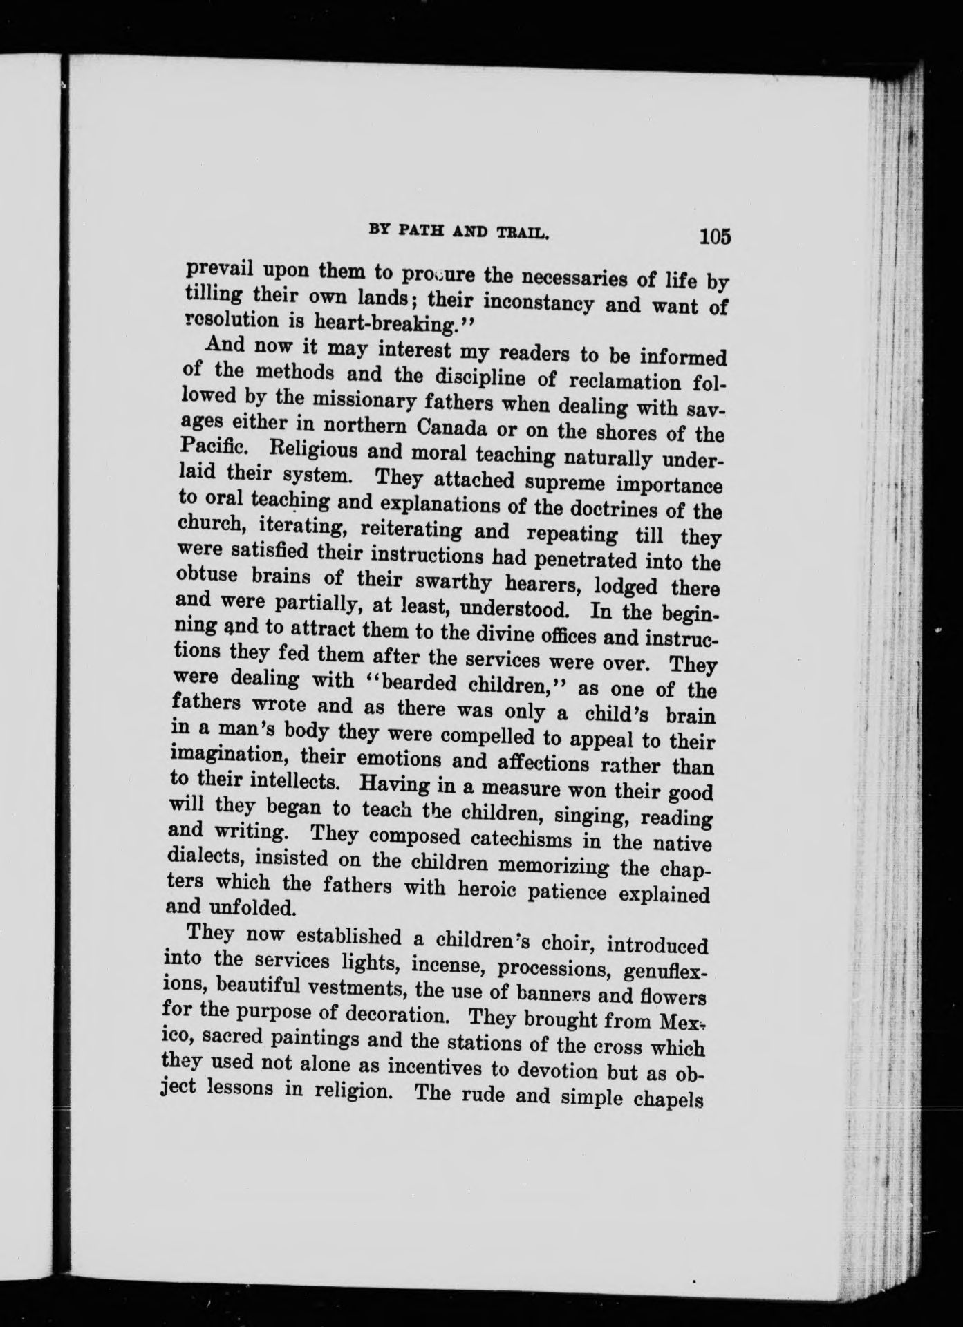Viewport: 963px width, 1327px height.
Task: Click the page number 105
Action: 714,236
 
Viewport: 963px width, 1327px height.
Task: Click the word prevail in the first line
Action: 213,269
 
